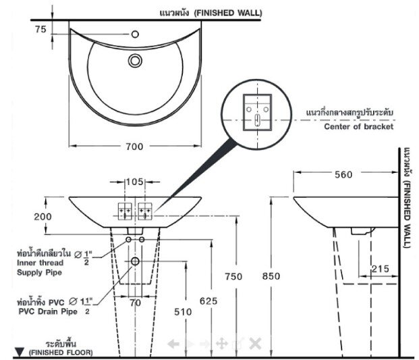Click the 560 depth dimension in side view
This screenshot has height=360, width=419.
[x=343, y=175]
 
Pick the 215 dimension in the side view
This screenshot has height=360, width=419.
[x=379, y=269]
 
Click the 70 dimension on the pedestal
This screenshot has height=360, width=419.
[x=135, y=303]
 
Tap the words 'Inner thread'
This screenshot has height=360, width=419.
[x=40, y=263]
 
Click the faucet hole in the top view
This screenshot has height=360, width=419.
[x=135, y=33]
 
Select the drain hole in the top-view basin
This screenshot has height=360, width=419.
[x=136, y=61]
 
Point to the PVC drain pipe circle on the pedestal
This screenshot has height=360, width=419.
[x=135, y=261]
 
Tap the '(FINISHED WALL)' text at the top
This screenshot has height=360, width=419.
[x=229, y=12]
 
